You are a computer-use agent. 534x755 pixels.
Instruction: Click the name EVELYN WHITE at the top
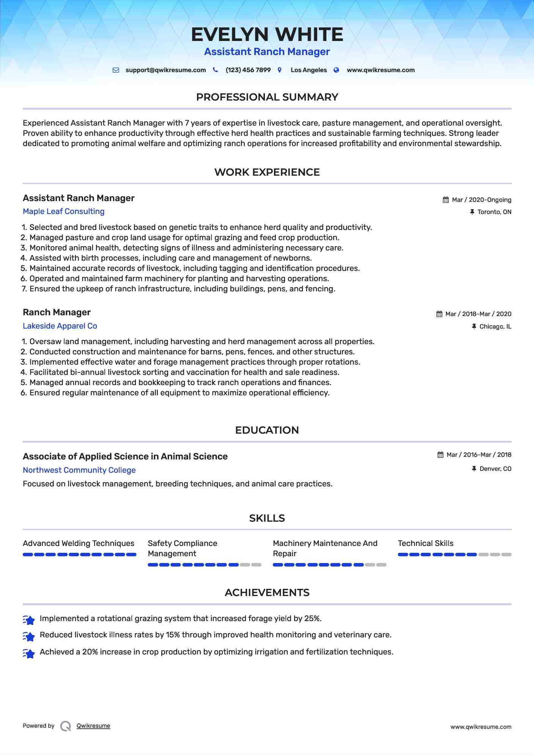pos(267,35)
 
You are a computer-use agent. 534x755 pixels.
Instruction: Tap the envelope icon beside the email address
pos(116,70)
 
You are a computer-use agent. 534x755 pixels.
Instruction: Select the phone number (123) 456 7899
pos(248,70)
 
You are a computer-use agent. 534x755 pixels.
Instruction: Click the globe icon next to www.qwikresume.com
pos(336,70)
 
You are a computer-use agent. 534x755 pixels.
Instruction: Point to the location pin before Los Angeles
pos(280,70)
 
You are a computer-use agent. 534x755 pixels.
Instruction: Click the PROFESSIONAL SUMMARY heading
pos(267,97)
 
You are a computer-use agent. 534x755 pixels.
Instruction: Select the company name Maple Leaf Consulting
pos(63,211)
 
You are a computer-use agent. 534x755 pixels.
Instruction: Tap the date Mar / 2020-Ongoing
pos(481,200)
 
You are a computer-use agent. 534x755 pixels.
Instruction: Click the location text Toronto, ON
pos(494,212)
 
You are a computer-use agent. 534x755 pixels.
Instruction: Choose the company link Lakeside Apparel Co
pos(60,326)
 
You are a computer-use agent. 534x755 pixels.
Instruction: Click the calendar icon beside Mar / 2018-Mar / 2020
pos(439,314)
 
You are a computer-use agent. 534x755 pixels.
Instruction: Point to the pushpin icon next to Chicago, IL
pos(474,326)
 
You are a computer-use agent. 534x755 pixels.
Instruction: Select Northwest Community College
pos(79,470)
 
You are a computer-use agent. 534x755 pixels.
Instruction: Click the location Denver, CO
pos(495,469)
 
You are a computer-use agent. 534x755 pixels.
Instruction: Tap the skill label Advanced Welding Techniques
pos(79,543)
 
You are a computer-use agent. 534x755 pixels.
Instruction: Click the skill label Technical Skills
pos(425,543)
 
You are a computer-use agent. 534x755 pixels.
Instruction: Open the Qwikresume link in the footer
pos(93,726)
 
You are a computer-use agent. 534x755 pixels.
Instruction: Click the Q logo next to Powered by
pos(66,726)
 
